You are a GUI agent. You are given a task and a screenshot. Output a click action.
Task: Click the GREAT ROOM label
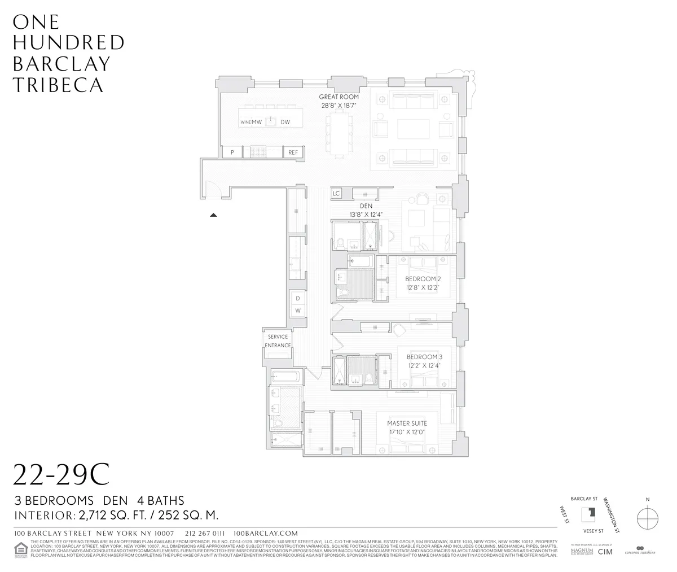coord(339,97)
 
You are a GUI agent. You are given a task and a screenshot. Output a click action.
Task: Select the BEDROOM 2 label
coord(423,279)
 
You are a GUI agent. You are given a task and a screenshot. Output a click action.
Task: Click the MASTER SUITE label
coord(406,423)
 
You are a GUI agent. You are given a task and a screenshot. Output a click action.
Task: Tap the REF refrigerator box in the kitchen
coord(293,152)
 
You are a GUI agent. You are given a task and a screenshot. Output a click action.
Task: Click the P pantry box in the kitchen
coord(231,152)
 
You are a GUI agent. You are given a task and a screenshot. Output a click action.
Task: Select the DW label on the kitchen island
coord(285,122)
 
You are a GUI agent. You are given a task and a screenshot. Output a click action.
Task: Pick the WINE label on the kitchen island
coord(245,122)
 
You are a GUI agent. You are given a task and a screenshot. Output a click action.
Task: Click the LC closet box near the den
coord(336,193)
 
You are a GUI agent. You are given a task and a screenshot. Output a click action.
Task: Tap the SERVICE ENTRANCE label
coord(278,341)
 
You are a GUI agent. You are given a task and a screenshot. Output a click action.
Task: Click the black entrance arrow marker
coord(213,215)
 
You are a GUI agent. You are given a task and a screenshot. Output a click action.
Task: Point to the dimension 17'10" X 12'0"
coord(406,432)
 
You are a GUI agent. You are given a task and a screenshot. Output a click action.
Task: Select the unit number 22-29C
coord(60,476)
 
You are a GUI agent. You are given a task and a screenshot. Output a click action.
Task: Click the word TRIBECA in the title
coord(58,85)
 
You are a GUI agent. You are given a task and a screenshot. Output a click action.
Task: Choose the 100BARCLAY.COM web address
coord(265,533)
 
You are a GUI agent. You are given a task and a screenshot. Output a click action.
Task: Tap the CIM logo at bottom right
coord(605,551)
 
